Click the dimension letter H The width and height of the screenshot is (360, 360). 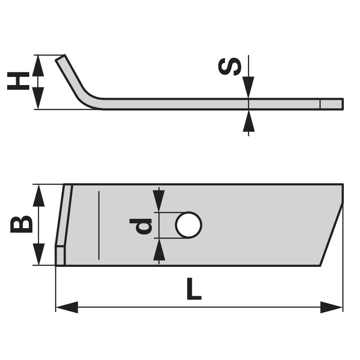pos(17,82)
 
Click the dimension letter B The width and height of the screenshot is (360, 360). pos(21,224)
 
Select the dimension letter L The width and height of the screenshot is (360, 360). pos(194,289)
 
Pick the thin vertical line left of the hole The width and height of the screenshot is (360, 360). pos(97,225)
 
